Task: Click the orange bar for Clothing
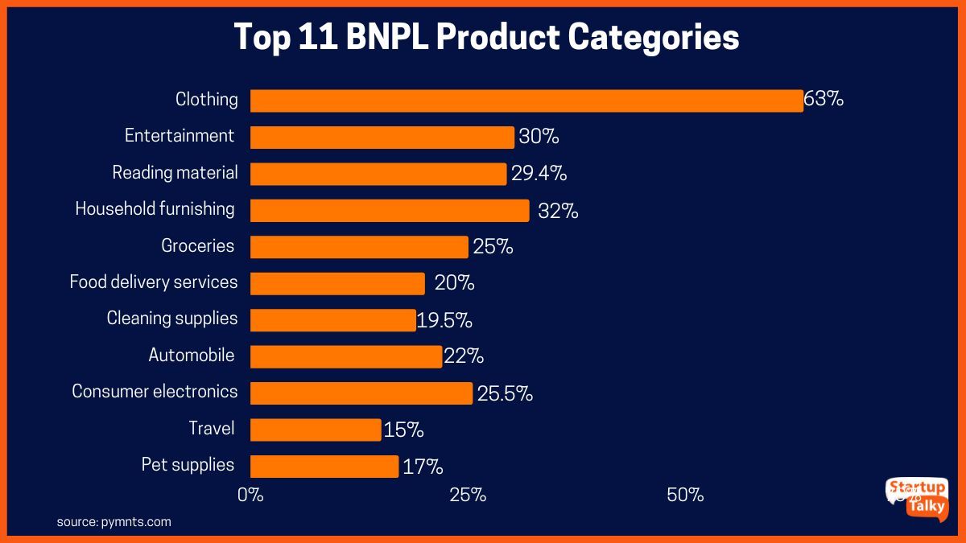[526, 101]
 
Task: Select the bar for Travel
[316, 430]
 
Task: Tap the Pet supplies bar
[324, 467]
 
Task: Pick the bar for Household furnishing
[390, 210]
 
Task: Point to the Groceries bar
[359, 247]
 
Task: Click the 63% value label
[824, 100]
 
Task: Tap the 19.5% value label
[444, 320]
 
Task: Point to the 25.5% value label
[505, 393]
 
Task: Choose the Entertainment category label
[180, 136]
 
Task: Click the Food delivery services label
[154, 282]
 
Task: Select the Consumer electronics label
[155, 392]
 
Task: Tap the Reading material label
[175, 173]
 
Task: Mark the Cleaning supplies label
[172, 319]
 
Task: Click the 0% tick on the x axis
[250, 495]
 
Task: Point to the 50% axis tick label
[686, 495]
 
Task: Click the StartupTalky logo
[917, 498]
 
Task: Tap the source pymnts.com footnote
[114, 522]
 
